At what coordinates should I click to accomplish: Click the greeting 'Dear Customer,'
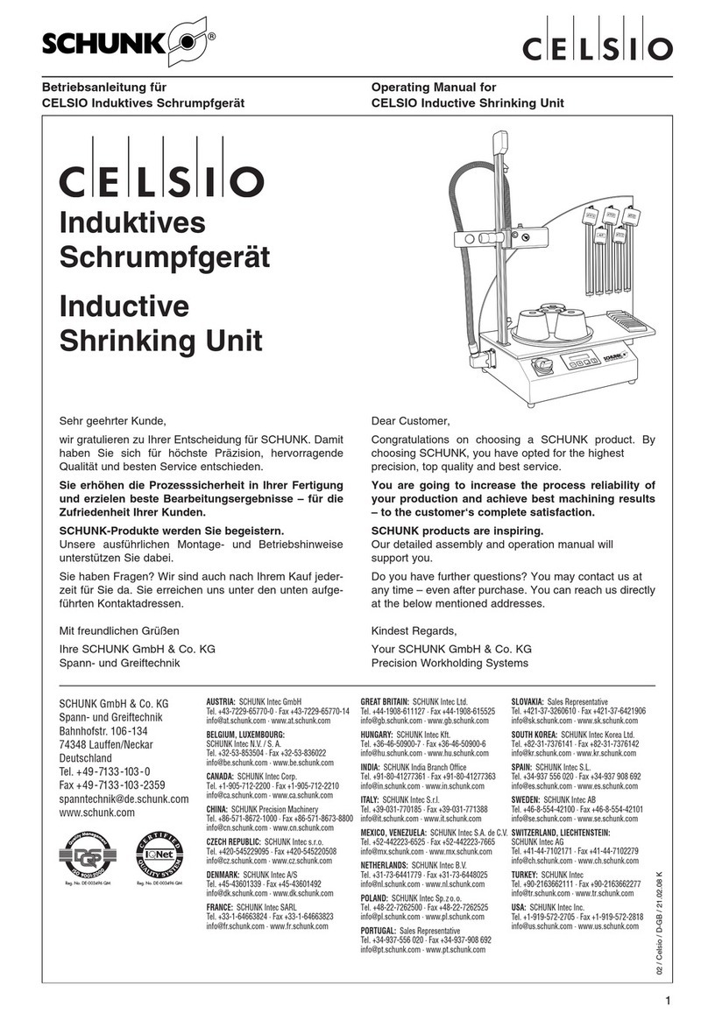[411, 421]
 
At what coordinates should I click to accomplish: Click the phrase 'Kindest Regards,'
[414, 631]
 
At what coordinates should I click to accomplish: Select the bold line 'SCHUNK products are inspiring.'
[457, 531]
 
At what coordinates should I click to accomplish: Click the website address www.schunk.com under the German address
[96, 812]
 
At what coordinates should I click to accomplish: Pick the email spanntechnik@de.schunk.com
[124, 798]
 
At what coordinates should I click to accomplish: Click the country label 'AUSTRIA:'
[222, 702]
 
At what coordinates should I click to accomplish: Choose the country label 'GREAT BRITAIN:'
[386, 702]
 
